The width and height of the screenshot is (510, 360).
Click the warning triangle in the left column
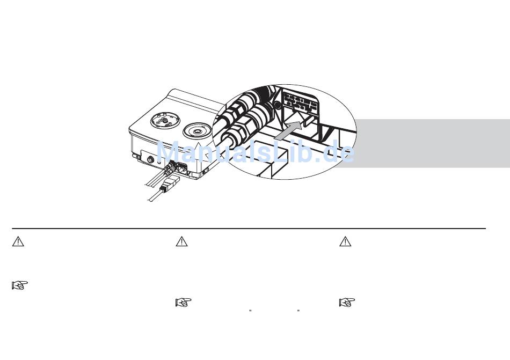click(x=18, y=241)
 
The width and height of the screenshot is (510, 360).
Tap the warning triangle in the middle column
click(x=182, y=241)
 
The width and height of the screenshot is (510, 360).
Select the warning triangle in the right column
click(x=345, y=241)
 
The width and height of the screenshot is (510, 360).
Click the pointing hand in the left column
click(x=20, y=285)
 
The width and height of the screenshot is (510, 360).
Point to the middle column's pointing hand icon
click(x=184, y=303)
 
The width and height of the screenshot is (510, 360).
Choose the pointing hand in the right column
click(x=347, y=303)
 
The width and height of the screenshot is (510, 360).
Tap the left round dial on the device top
click(x=165, y=121)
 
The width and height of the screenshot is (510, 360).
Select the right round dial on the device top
click(x=198, y=131)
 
